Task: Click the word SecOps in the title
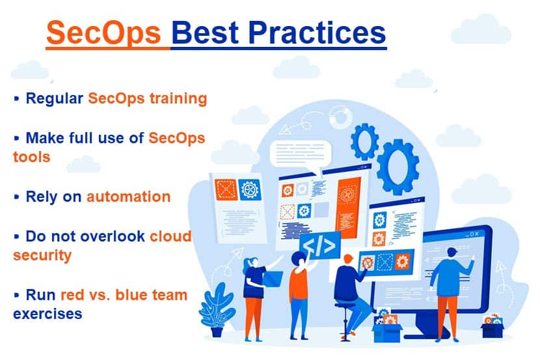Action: point(103,33)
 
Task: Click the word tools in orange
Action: point(32,157)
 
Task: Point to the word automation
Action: point(129,197)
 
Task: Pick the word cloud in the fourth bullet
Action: point(171,236)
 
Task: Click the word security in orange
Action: point(42,256)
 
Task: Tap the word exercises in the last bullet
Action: point(47,314)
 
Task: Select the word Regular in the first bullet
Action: point(55,99)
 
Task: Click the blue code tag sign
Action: point(320,246)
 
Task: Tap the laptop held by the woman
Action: point(273,279)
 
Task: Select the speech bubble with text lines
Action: point(301,155)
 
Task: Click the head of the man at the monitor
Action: point(451,253)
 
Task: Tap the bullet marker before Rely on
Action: point(16,197)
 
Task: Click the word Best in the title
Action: point(205,33)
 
